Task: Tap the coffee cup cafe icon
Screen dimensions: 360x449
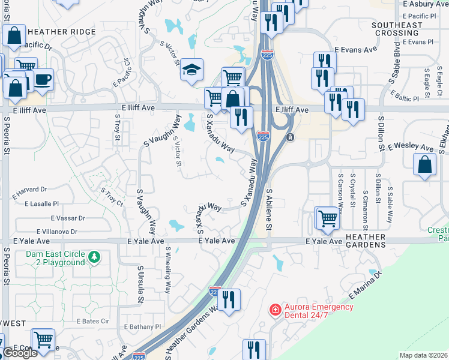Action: click(x=43, y=80)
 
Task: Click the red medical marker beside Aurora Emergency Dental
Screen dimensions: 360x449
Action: click(x=275, y=310)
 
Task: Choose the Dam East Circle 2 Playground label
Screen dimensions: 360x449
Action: click(x=55, y=258)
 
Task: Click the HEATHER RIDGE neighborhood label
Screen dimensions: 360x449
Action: click(x=61, y=31)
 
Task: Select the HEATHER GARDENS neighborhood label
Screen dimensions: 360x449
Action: click(x=365, y=241)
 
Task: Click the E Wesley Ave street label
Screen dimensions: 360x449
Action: click(x=411, y=147)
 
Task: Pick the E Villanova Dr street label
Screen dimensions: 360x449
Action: click(x=57, y=231)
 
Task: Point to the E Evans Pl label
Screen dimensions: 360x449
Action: click(x=417, y=42)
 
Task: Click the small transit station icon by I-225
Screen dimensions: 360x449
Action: click(x=290, y=137)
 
